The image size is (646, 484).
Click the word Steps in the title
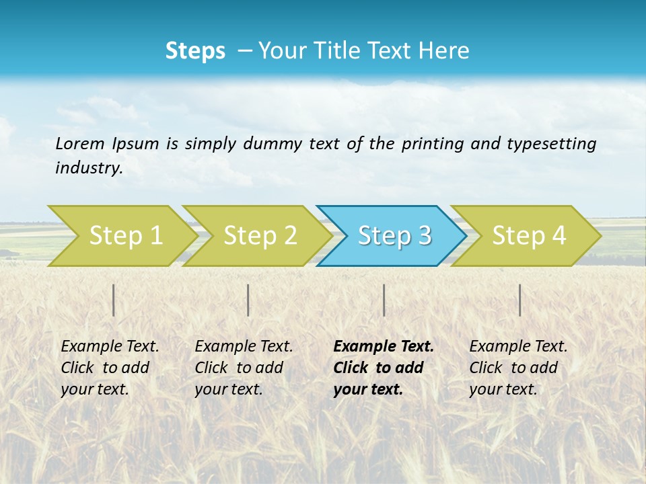pyautogui.click(x=195, y=51)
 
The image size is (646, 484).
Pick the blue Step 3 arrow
pyautogui.click(x=394, y=236)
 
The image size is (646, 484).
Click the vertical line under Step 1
pyautogui.click(x=114, y=300)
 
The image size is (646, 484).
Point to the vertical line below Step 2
pyautogui.click(x=248, y=300)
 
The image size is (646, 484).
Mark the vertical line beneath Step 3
pyautogui.click(x=384, y=300)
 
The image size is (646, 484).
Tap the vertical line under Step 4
pyautogui.click(x=520, y=300)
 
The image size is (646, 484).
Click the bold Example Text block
pyautogui.click(x=384, y=368)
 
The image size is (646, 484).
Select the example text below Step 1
pyautogui.click(x=110, y=368)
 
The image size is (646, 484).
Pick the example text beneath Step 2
pyautogui.click(x=244, y=368)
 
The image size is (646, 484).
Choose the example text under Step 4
pyautogui.click(x=518, y=368)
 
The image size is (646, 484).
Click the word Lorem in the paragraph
pyautogui.click(x=80, y=144)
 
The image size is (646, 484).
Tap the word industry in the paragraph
pyautogui.click(x=88, y=168)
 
